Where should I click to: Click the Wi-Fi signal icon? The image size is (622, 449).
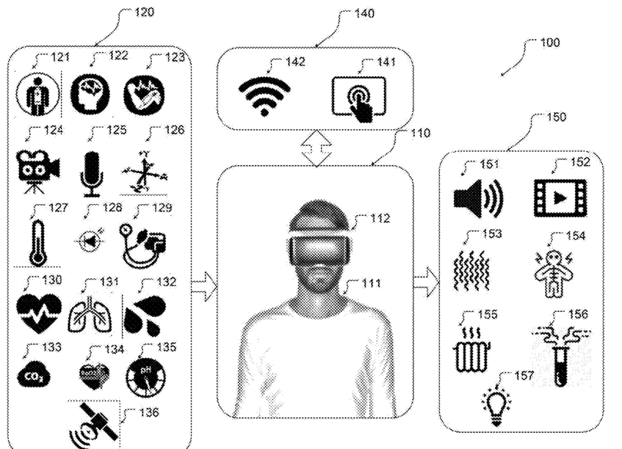tap(264, 95)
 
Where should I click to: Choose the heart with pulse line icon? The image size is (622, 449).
tap(38, 313)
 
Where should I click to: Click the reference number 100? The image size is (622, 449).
tap(549, 43)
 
